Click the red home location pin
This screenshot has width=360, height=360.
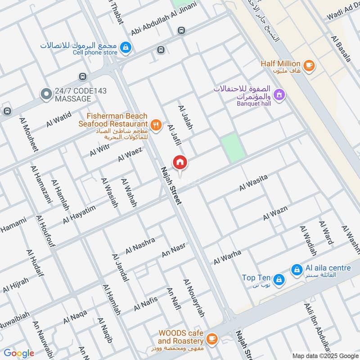(180, 162)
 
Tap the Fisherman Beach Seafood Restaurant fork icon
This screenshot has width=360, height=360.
(156, 125)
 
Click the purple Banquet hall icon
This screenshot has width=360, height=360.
(279, 94)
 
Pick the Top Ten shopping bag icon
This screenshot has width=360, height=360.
(279, 279)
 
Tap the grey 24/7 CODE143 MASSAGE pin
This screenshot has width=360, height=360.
(45, 94)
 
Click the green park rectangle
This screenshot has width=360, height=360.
(233, 147)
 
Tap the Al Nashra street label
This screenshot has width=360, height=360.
(140, 245)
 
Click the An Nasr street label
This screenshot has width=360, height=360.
(174, 250)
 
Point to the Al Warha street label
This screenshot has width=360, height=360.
(228, 257)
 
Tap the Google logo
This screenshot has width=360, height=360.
(19, 353)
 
